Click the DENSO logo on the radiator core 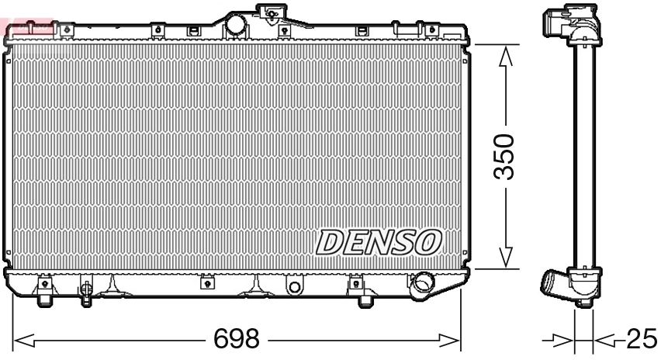(379, 242)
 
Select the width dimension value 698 (237, 340)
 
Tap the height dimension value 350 (505, 156)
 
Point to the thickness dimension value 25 (642, 339)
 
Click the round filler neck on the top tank (234, 24)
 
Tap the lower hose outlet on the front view (424, 282)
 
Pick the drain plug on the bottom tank (86, 292)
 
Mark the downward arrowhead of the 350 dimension (505, 258)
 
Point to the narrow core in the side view (583, 155)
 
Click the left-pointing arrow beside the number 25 (606, 339)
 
